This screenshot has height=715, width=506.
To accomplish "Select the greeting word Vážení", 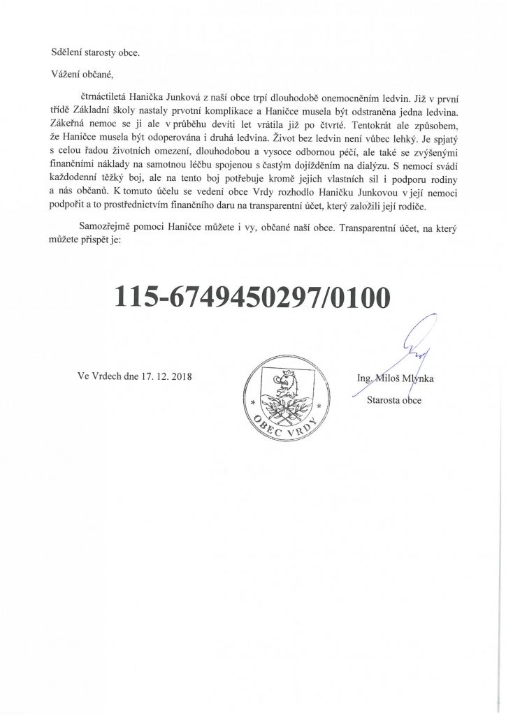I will click(68, 75).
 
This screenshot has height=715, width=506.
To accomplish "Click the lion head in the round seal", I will click(285, 383).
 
